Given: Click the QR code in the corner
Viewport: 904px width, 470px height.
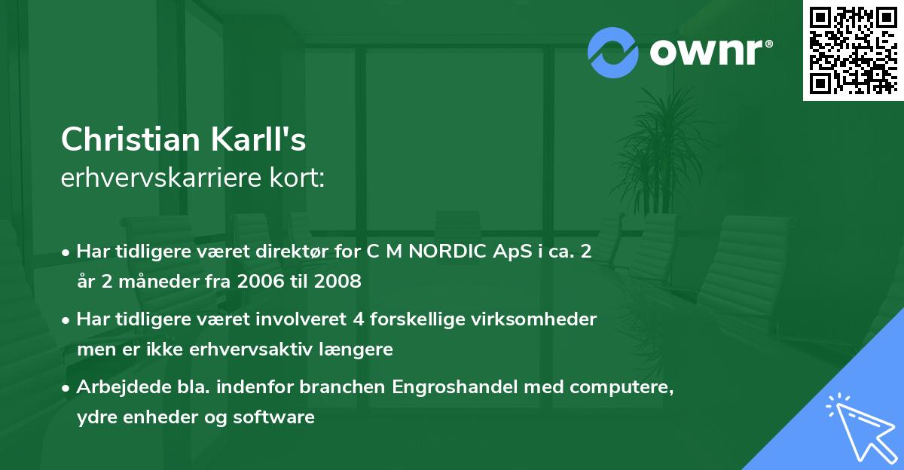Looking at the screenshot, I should click(853, 50).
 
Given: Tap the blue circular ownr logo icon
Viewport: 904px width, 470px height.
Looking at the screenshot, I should click(612, 52).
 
